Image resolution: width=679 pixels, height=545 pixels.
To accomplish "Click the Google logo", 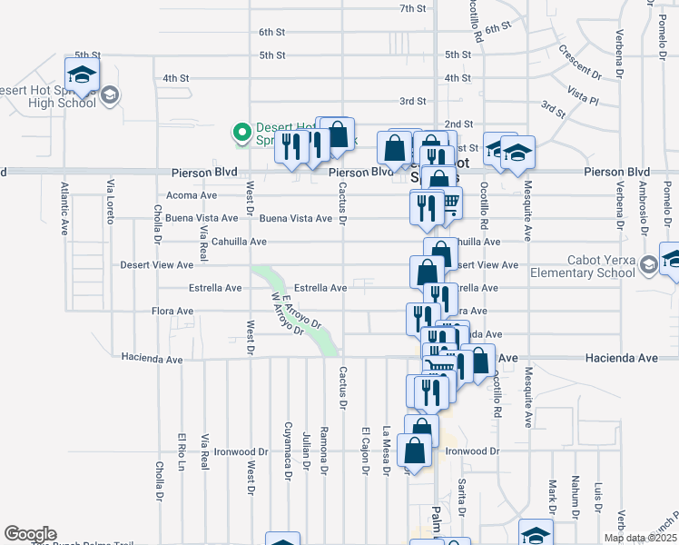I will [x=30, y=534].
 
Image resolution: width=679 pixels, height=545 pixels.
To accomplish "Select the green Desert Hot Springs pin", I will [x=242, y=134].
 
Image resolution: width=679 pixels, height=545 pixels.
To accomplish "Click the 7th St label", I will [x=413, y=9].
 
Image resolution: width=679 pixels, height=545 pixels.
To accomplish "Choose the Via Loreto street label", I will [x=111, y=202].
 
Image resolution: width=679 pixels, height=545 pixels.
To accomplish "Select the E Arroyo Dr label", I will [x=303, y=313].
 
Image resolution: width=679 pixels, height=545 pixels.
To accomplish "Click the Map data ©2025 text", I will [x=640, y=538].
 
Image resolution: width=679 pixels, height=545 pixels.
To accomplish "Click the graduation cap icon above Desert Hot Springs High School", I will [x=82, y=74].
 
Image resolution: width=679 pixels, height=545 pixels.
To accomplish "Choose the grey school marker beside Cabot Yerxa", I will [x=648, y=265].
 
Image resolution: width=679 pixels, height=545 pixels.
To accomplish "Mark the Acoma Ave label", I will [x=192, y=195].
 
